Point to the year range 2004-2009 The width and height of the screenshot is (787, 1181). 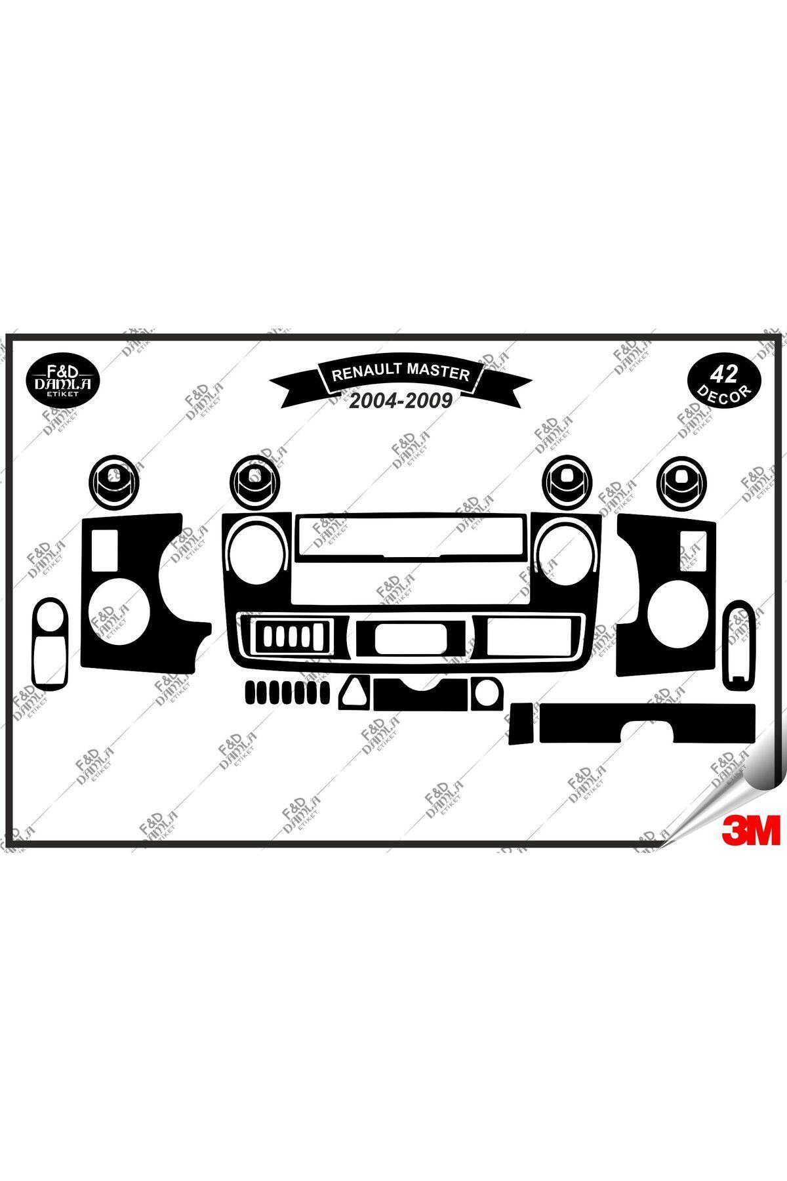[x=399, y=401]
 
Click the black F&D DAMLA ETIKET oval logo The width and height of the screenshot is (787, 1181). [x=62, y=380]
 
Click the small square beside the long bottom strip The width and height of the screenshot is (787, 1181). [x=521, y=724]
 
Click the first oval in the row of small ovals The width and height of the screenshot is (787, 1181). [x=249, y=692]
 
